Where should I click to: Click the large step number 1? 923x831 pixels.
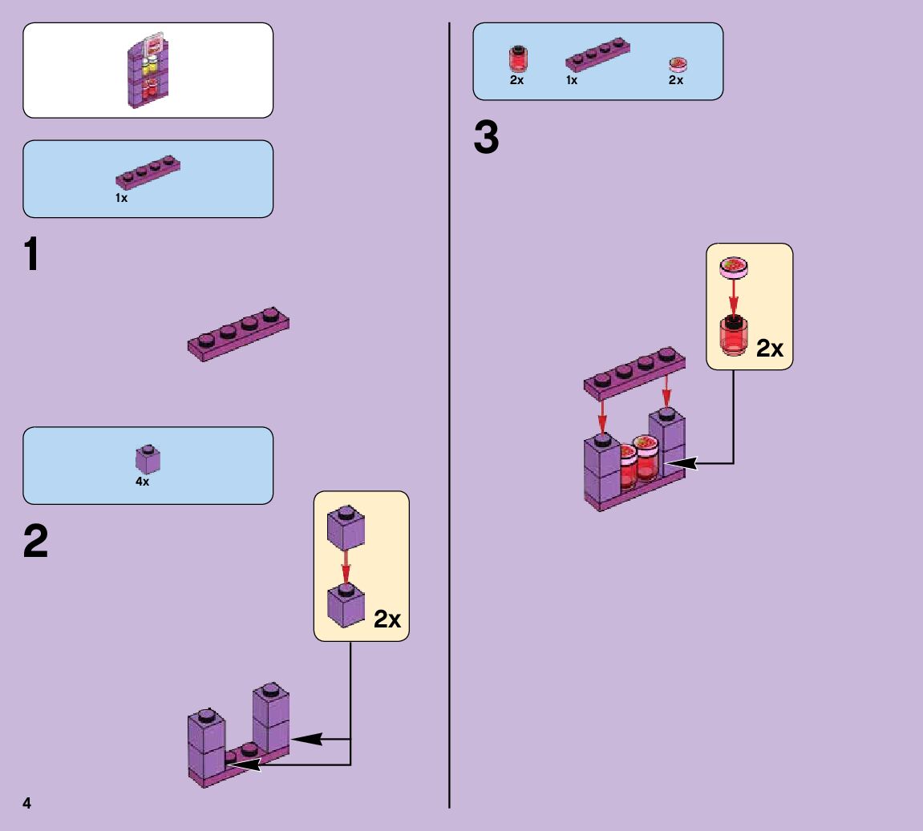(x=31, y=256)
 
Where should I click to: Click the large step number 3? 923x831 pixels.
(x=486, y=139)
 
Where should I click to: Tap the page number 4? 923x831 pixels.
(x=26, y=803)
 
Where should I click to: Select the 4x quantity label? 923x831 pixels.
(x=142, y=482)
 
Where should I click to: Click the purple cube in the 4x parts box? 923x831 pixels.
(x=148, y=459)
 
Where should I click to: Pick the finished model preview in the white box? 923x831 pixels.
(x=149, y=71)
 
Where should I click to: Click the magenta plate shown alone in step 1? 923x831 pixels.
(x=239, y=333)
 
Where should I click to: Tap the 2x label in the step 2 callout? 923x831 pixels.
(x=387, y=619)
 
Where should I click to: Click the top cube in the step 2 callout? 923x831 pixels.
(x=346, y=530)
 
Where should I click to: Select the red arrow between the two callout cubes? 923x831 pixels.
(x=346, y=571)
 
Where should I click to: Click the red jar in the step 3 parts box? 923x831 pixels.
(x=518, y=59)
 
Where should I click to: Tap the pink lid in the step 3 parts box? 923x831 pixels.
(x=678, y=64)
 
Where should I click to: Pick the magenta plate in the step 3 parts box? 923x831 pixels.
(x=597, y=55)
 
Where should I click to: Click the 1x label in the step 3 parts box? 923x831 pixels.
(x=572, y=80)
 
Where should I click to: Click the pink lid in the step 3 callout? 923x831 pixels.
(x=733, y=266)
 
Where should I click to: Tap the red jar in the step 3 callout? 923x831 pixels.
(x=731, y=336)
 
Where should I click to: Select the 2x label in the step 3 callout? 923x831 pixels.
(x=769, y=349)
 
